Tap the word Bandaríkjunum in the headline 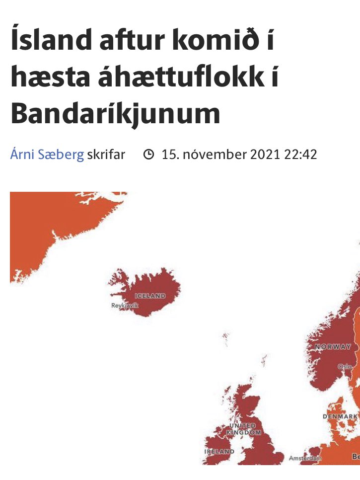tap(115, 113)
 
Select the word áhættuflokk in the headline tap(177, 79)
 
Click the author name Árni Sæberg tap(47, 155)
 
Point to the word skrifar tap(106, 155)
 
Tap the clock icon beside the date tap(148, 155)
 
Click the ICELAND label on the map tap(150, 296)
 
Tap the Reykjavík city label tap(125, 306)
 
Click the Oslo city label tap(345, 366)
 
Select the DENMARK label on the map tap(340, 416)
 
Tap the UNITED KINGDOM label tap(243, 429)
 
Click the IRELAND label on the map tap(219, 452)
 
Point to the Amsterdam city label tap(305, 458)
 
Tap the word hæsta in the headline tap(47, 79)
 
